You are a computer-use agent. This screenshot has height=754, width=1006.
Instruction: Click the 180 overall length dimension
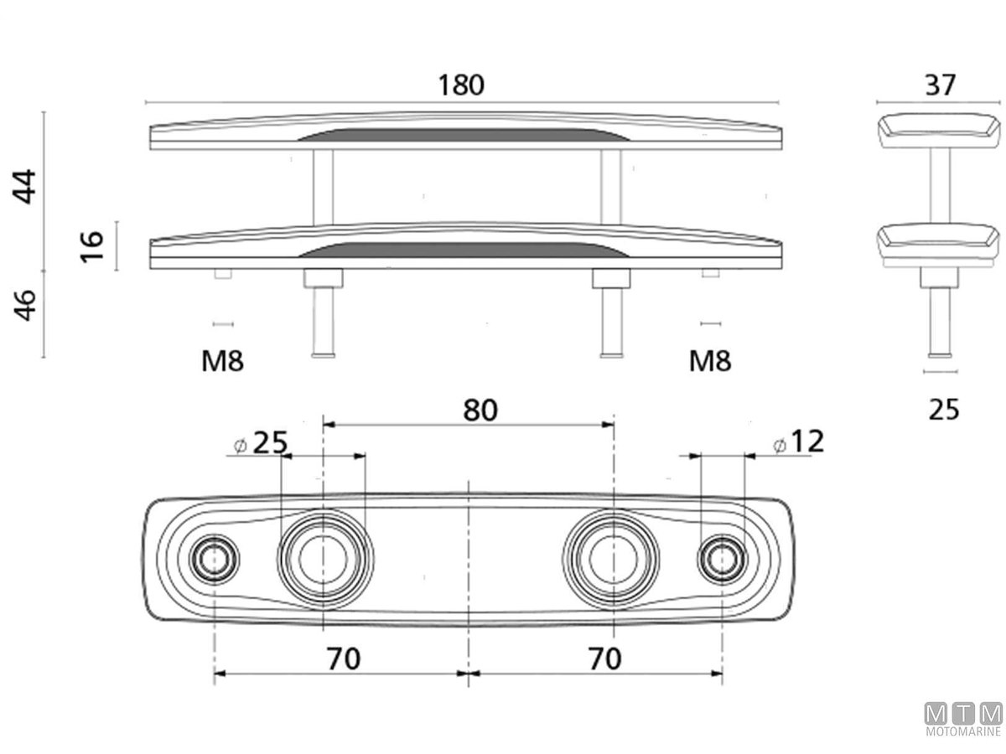462,85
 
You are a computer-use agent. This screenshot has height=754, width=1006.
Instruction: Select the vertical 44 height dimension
26,186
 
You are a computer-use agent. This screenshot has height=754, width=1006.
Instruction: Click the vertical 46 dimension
26,307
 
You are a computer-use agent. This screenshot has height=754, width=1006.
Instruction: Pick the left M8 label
222,361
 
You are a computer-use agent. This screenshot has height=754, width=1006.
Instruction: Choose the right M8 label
710,361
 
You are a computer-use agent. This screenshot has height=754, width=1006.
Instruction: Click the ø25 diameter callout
261,442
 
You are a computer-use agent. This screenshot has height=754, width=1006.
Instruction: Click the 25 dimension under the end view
944,410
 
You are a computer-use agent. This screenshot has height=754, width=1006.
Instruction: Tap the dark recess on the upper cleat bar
465,135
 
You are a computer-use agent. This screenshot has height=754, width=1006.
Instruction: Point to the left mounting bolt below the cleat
323,314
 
